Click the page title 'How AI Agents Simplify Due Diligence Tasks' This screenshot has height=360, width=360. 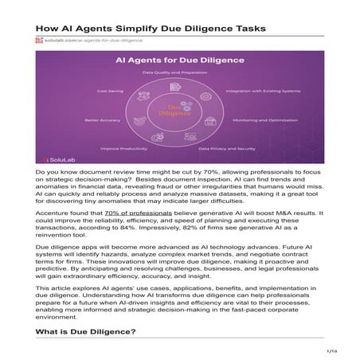tap(150, 26)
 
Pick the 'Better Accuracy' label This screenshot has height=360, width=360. tap(102, 120)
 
